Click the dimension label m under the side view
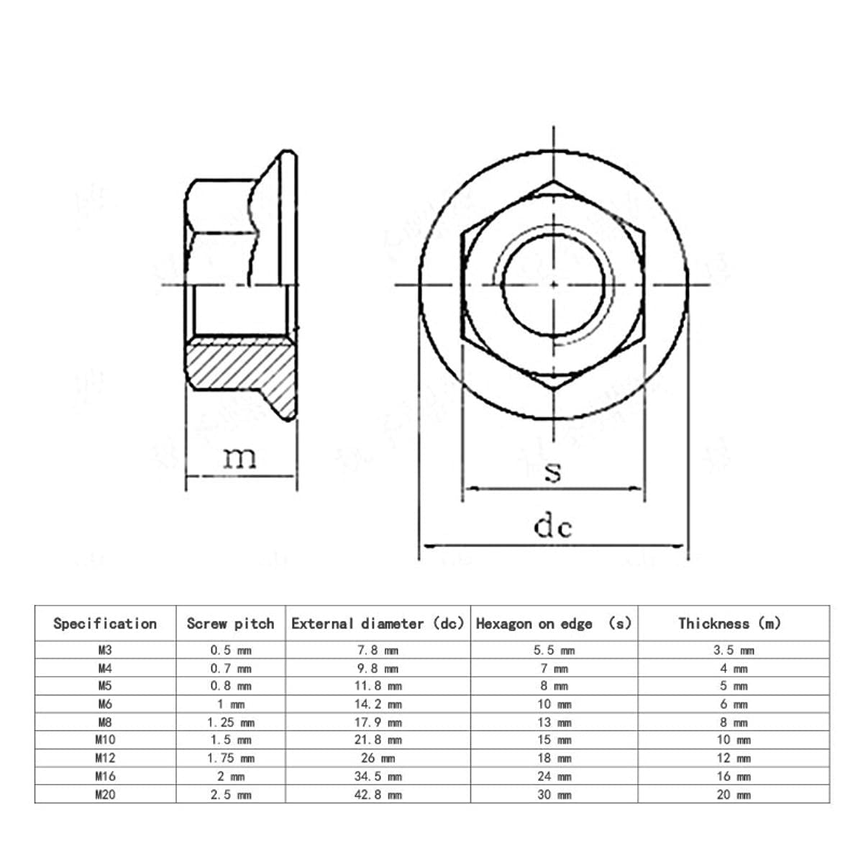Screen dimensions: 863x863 [239, 457]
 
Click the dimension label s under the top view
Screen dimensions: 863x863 [552, 472]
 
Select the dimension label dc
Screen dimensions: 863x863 [552, 527]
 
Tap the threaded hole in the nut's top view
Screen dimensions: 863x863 [553, 283]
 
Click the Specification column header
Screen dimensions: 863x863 [105, 624]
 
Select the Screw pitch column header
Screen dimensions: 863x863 [230, 624]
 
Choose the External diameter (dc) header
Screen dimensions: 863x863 [378, 624]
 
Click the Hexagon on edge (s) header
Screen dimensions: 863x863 [553, 624]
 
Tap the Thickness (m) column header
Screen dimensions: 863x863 [729, 624]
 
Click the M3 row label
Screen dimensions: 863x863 [105, 650]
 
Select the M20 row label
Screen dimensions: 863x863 [105, 795]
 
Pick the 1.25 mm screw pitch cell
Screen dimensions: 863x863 [230, 722]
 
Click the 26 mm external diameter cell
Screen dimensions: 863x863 [378, 758]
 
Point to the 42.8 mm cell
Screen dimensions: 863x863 [378, 795]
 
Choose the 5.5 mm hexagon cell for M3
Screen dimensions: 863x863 [554, 650]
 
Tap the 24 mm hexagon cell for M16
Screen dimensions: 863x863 [554, 777]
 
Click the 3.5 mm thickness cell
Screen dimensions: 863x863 [733, 650]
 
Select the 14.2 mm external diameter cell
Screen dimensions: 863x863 [378, 704]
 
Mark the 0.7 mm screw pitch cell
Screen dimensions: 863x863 [230, 668]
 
